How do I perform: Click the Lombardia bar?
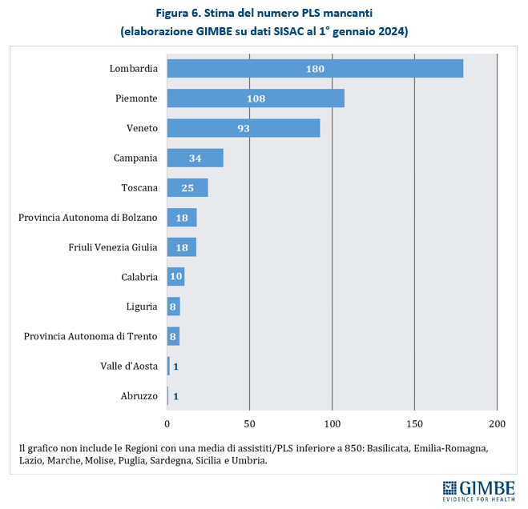pyautogui.click(x=315, y=69)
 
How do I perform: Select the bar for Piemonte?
pyautogui.click(x=256, y=98)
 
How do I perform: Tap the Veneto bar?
pyautogui.click(x=244, y=128)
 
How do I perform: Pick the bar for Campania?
pyautogui.click(x=195, y=158)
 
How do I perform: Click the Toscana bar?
pyautogui.click(x=187, y=187)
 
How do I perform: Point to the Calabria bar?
pyautogui.click(x=175, y=277)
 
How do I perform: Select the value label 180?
pyautogui.click(x=315, y=69)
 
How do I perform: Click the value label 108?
pyautogui.click(x=256, y=98)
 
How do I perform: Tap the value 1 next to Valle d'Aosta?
pyautogui.click(x=175, y=367)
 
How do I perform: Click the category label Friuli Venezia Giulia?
pyautogui.click(x=113, y=247)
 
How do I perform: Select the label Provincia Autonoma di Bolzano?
pyautogui.click(x=88, y=218)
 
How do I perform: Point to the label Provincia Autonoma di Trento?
pyautogui.click(x=91, y=336)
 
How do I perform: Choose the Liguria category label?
pyautogui.click(x=142, y=307)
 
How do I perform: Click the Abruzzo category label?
pyautogui.click(x=139, y=396)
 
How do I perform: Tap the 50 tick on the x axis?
pyautogui.click(x=250, y=423)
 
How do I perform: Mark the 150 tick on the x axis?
pyautogui.click(x=414, y=423)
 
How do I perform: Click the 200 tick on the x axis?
pyautogui.click(x=497, y=423)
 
